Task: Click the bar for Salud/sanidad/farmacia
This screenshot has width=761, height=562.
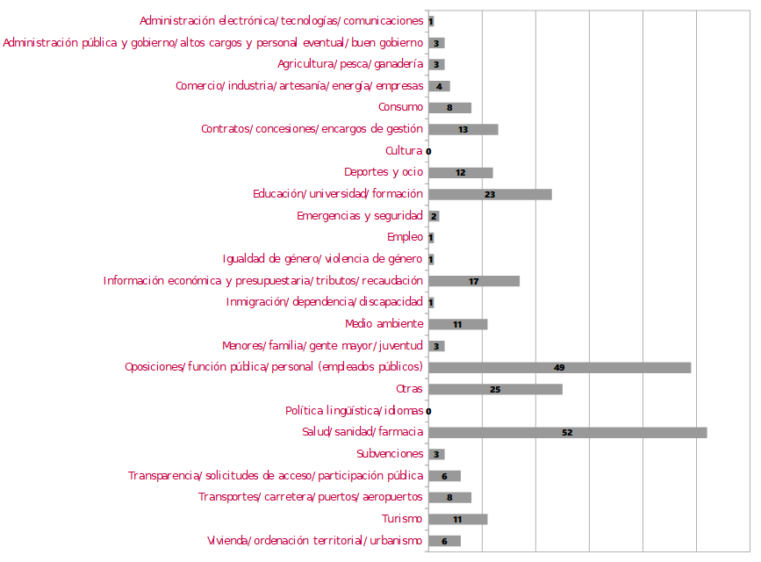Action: (567, 432)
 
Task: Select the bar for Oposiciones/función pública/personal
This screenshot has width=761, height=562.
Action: (559, 367)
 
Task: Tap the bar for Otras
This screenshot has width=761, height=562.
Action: (495, 389)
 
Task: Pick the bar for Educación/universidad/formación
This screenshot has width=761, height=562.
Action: (490, 194)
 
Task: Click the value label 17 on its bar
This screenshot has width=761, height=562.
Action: (474, 281)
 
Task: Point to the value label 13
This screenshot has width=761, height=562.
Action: (463, 130)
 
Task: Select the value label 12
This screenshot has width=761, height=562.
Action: (460, 173)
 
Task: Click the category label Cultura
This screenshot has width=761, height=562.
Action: (404, 151)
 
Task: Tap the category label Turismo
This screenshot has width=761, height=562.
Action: (402, 519)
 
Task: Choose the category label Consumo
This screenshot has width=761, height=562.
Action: (400, 108)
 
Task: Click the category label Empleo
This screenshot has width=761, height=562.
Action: (405, 237)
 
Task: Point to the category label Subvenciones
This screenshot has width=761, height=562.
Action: (390, 454)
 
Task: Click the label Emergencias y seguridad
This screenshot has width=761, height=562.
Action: (360, 216)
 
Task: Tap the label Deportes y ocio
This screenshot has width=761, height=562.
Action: (383, 173)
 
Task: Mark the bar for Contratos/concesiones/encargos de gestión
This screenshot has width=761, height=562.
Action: (463, 130)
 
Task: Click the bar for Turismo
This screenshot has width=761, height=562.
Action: (457, 519)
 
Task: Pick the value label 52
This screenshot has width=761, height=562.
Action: (567, 433)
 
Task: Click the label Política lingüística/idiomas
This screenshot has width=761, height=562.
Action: (354, 411)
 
